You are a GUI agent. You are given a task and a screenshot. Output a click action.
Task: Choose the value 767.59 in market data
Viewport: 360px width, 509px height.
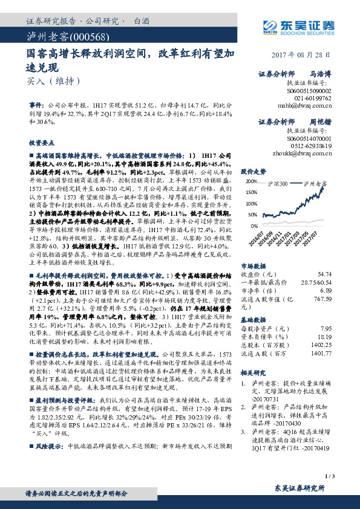point(338,299)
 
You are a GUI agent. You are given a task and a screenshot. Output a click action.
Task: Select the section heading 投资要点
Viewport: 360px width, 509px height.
point(42,143)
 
